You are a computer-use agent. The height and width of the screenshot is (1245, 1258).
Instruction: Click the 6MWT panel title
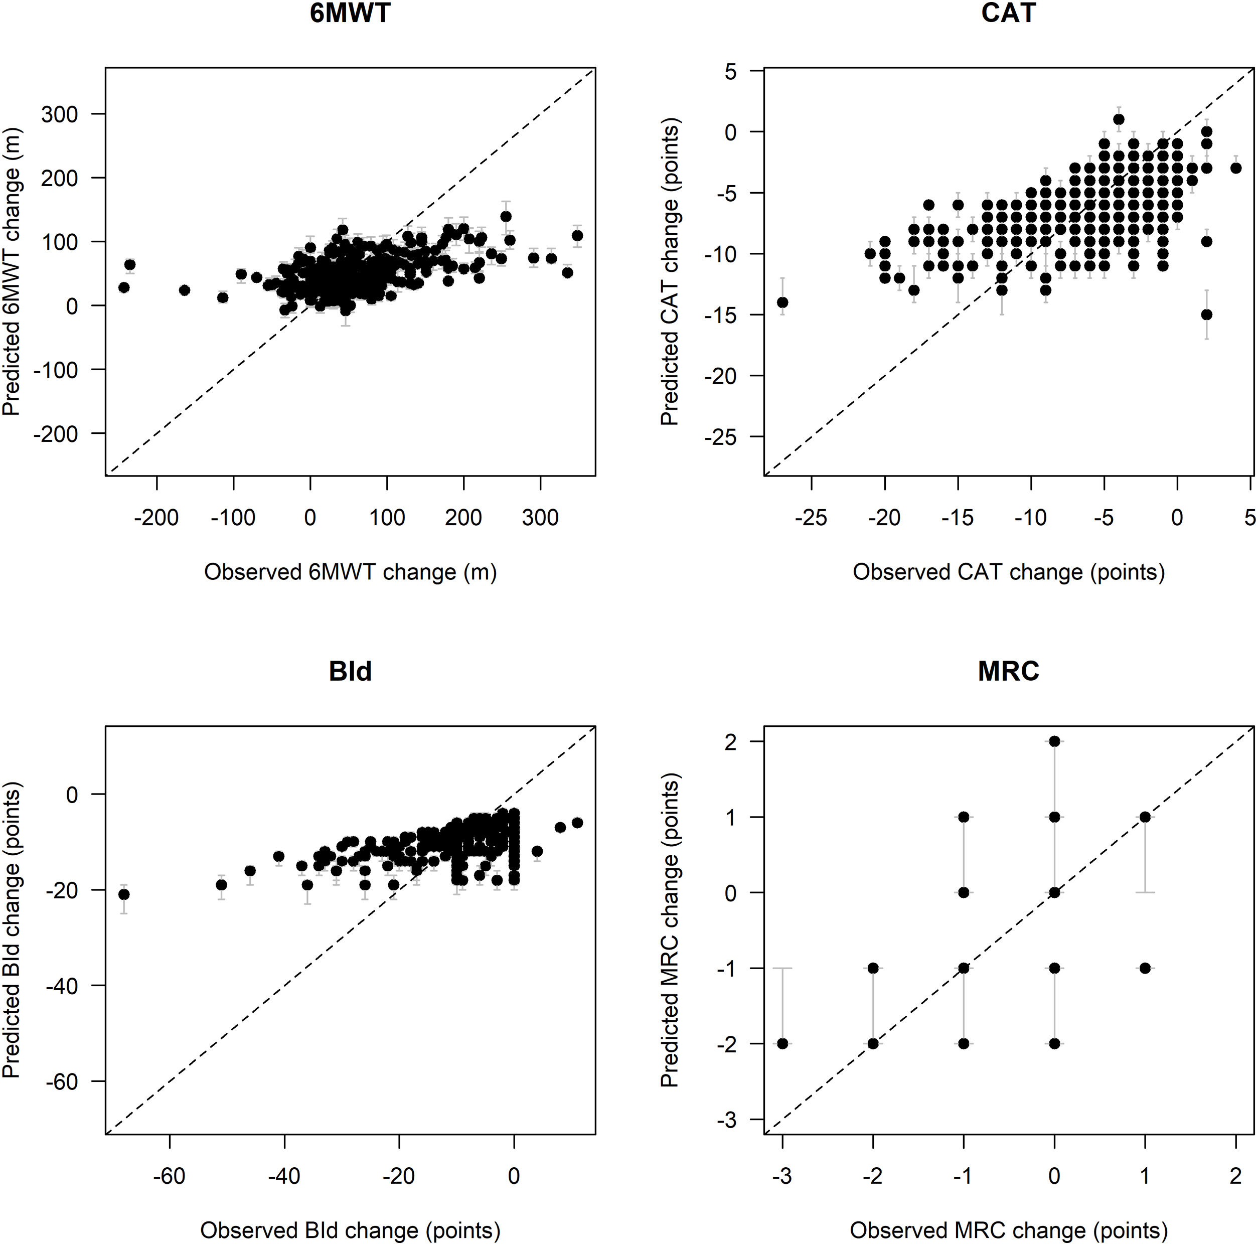coord(350,14)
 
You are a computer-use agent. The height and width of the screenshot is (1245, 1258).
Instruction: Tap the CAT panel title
coord(1008,14)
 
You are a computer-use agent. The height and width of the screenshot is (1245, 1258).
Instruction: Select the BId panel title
coord(350,671)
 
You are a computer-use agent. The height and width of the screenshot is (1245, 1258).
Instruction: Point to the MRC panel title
coord(1008,671)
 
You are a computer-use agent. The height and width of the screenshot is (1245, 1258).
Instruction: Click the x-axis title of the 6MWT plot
coord(350,572)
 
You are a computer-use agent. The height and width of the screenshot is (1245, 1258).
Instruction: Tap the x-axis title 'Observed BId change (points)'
coord(350,1229)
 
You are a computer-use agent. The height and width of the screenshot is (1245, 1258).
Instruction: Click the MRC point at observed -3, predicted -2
coord(782,1044)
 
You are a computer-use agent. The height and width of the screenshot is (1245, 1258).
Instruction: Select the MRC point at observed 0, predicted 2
coord(1054,742)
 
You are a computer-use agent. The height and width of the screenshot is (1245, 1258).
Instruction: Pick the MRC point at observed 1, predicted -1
coord(1145,968)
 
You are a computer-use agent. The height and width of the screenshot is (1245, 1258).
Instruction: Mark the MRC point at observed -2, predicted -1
coord(873,968)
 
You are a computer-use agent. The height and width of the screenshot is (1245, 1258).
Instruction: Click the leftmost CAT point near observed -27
coord(782,302)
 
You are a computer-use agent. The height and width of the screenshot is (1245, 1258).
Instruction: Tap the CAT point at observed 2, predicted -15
coord(1206,315)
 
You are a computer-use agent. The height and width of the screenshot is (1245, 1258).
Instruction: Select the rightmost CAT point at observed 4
coord(1236,168)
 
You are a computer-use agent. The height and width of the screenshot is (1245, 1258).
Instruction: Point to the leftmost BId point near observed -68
coord(124,895)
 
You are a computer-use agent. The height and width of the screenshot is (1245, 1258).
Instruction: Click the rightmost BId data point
coord(577,823)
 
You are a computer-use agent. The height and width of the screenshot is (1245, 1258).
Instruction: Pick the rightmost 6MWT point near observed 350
coord(577,236)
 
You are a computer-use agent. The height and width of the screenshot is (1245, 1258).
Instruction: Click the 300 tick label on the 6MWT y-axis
coord(59,114)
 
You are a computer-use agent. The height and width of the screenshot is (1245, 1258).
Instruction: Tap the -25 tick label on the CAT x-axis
coord(811,518)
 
